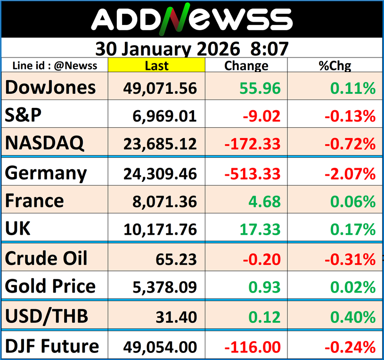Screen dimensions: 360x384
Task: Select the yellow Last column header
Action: point(156,65)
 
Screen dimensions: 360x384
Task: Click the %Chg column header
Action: point(335,65)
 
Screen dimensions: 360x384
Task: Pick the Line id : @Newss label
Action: point(55,65)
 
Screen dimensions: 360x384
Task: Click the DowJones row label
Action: point(50,87)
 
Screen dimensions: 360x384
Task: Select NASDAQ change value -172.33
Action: point(253,144)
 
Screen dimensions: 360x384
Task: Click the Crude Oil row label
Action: point(46,258)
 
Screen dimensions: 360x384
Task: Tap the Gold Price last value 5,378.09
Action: point(160,287)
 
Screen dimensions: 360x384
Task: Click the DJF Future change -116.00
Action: point(253,347)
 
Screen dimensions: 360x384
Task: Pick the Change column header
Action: point(246,65)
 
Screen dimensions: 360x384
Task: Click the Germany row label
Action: point(46,173)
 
